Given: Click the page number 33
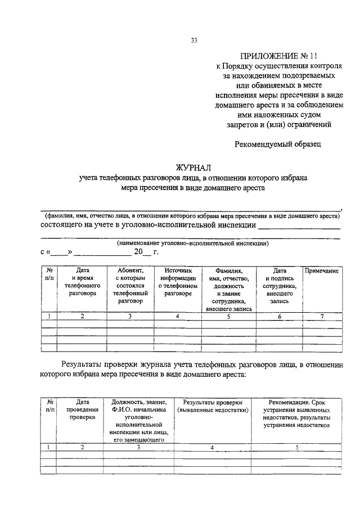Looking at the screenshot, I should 194,40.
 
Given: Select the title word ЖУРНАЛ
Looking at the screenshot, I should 193,167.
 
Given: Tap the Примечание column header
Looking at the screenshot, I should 321,271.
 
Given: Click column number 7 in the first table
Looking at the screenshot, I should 322,317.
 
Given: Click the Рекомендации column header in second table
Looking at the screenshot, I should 296,414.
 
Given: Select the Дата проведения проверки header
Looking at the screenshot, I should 83,410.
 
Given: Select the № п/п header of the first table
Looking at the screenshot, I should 49,274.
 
